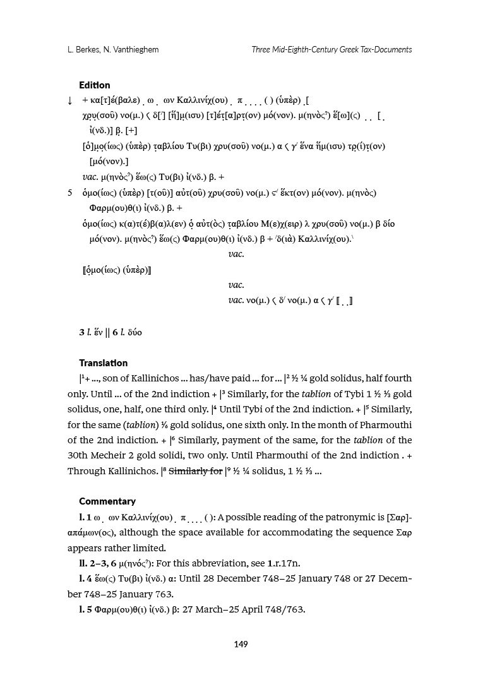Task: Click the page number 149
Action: (240, 644)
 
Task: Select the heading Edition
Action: (94, 85)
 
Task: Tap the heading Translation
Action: (103, 363)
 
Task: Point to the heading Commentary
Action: (107, 501)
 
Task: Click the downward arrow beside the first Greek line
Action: (69, 101)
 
